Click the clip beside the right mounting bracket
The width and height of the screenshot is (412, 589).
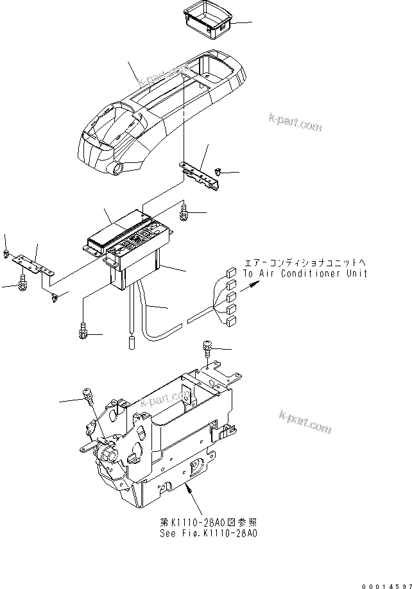tap(219, 172)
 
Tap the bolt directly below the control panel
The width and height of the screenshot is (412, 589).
tap(83, 331)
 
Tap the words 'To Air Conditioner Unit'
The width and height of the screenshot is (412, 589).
tap(305, 273)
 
